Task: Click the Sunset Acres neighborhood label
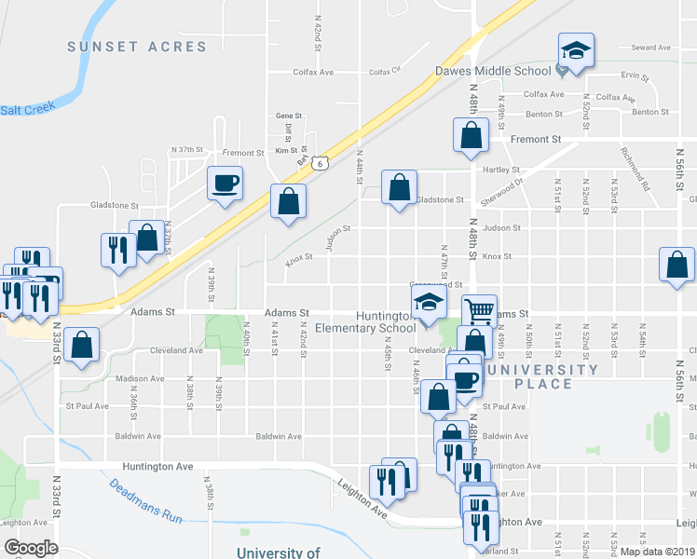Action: coord(137,47)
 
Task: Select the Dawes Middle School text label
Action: coord(494,71)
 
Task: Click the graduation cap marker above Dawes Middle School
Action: coord(576,52)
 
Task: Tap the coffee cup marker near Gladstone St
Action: coord(225,183)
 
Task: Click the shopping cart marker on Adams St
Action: coord(479,311)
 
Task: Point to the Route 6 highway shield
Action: coord(320,163)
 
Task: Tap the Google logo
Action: coord(31,548)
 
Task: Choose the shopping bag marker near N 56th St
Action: coord(676,265)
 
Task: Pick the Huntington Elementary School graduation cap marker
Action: coord(429,303)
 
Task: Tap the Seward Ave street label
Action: coord(651,48)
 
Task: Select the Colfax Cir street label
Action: coord(384,71)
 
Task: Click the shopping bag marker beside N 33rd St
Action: coord(83,346)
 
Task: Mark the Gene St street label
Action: coord(284,116)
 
